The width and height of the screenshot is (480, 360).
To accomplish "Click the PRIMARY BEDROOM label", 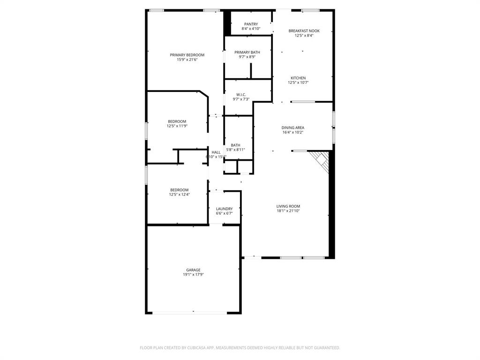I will (x=187, y=55).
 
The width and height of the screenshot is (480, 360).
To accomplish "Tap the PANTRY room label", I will (x=251, y=24).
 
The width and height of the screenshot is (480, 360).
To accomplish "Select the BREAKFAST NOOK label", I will (x=304, y=30).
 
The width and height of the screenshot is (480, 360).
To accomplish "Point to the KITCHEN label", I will (x=298, y=78).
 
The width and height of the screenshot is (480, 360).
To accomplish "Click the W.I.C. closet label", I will (x=241, y=94).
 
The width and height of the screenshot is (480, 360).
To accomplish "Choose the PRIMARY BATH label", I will (x=247, y=52).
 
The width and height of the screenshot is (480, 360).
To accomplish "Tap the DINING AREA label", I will (x=292, y=127).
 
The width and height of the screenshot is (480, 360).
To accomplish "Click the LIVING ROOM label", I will (x=288, y=206).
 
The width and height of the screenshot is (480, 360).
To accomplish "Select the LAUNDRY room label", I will (x=224, y=209).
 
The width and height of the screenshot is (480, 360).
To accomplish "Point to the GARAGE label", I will (x=193, y=270).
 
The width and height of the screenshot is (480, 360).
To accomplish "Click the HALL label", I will (x=216, y=152).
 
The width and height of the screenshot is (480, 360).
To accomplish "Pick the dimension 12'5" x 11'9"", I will (x=177, y=126).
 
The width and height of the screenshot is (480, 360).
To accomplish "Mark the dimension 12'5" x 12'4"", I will (x=179, y=195).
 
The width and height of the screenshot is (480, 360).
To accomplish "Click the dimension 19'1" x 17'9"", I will (x=193, y=275).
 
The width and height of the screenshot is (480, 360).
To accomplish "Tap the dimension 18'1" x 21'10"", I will (x=288, y=211).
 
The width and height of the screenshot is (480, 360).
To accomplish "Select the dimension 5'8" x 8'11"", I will (x=235, y=150).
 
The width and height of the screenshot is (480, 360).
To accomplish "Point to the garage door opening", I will (x=190, y=312).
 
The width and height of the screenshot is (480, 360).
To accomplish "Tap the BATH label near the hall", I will (x=235, y=145).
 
